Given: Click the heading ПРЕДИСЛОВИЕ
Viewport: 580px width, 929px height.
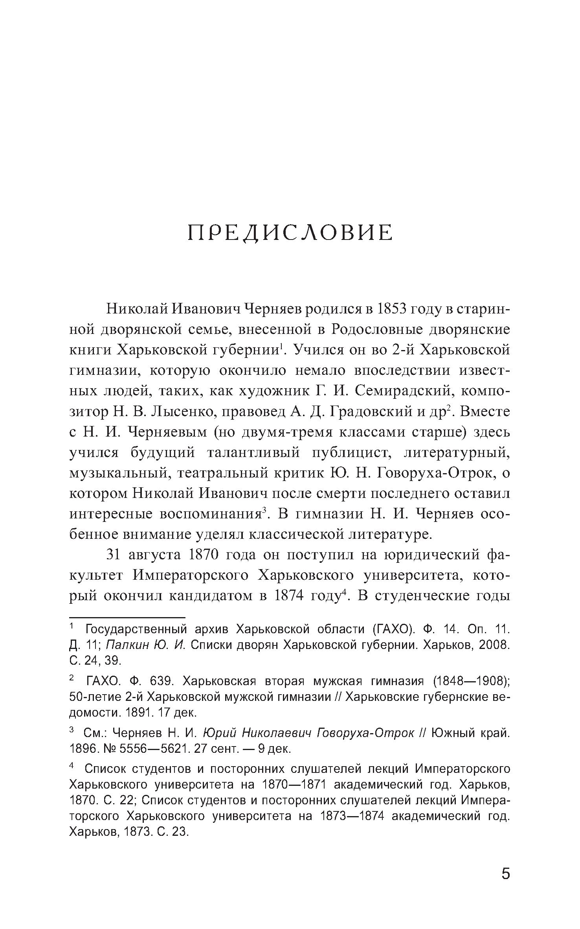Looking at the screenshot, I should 290,233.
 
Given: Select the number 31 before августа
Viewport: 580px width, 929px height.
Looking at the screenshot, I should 116,555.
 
